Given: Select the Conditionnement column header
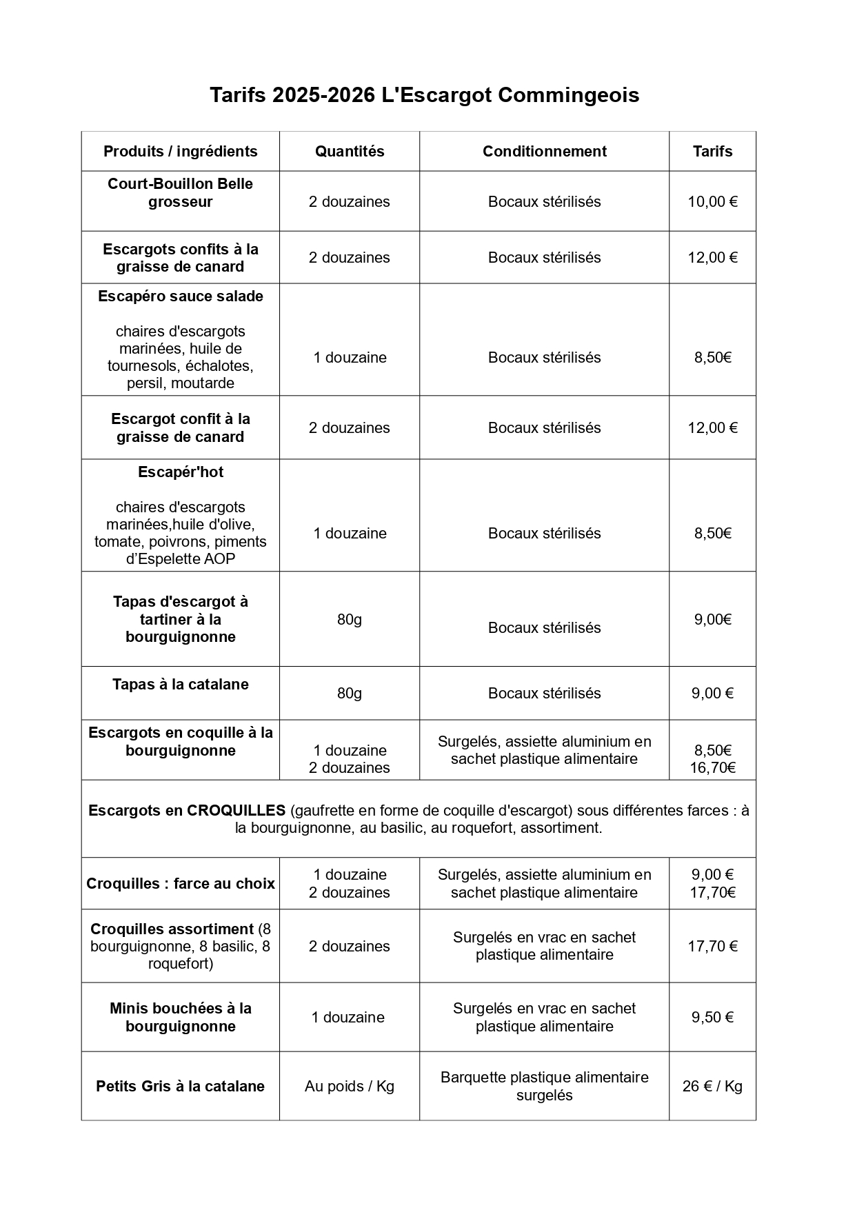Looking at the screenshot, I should (x=544, y=151).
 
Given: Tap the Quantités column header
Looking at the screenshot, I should (x=350, y=151).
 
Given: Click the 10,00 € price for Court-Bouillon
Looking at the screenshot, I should (x=712, y=201).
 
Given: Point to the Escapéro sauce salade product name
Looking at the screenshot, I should (x=181, y=296).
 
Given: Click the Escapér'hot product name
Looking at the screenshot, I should (x=181, y=472).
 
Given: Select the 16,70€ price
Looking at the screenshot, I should (x=712, y=768).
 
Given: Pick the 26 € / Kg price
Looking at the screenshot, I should (x=712, y=1086).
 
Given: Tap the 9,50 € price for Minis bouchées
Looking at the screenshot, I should (x=712, y=1017).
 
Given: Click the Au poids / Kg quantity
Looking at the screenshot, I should (x=350, y=1086).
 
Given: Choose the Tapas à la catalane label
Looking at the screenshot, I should (x=181, y=685).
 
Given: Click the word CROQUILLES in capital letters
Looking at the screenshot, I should (x=236, y=810).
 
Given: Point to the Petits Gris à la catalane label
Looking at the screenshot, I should (x=181, y=1086).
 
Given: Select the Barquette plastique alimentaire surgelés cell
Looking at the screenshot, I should (x=544, y=1086).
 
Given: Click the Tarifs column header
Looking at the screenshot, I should (x=712, y=151).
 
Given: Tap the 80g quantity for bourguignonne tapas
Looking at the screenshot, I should (x=350, y=619).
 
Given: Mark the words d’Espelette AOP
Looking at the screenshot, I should (x=181, y=559).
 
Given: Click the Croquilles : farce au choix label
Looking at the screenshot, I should (x=181, y=883).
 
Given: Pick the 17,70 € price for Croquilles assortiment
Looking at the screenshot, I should (x=712, y=946).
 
